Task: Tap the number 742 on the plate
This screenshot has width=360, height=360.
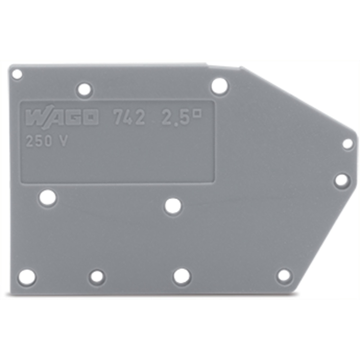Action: (129, 118)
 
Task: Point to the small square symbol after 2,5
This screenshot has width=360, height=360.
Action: (198, 113)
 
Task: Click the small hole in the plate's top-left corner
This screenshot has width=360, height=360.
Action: (17, 75)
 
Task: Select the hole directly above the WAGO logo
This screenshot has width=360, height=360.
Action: (85, 89)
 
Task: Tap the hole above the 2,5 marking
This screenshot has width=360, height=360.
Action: (220, 87)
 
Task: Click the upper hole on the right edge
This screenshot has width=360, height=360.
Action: (347, 144)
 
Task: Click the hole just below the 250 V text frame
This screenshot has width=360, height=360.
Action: (48, 198)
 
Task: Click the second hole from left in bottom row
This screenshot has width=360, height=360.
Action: (97, 277)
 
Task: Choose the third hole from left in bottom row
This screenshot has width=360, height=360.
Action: (182, 276)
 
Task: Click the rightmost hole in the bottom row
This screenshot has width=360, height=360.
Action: (284, 276)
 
